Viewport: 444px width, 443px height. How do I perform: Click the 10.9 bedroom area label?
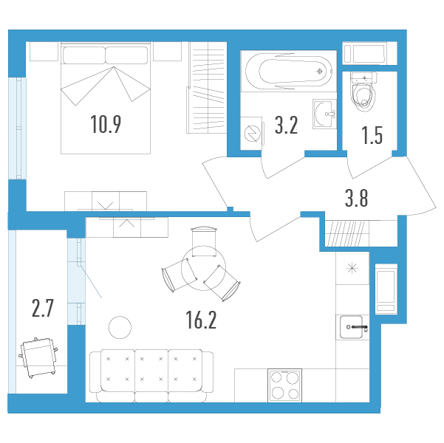(106, 124)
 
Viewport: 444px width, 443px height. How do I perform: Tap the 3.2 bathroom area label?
(287, 126)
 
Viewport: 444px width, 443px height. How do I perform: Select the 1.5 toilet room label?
(372, 135)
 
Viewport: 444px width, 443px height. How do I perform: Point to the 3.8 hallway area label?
(357, 198)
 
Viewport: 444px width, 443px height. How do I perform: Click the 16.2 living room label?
(201, 320)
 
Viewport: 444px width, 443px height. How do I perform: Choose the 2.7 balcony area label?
(43, 309)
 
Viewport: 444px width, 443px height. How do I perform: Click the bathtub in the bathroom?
(289, 71)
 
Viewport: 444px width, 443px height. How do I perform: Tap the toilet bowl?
(363, 91)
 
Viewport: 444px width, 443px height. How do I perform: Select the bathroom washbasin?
(324, 114)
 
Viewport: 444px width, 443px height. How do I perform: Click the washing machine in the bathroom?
(252, 134)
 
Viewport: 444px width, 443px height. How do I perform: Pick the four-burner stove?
(285, 385)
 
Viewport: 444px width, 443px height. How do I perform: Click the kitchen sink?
(352, 327)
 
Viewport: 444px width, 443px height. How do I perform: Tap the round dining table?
(203, 268)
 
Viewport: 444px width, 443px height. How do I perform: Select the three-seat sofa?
(151, 376)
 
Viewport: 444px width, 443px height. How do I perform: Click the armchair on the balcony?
(38, 357)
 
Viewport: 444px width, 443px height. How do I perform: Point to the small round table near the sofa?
(120, 327)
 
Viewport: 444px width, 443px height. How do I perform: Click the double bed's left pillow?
(84, 55)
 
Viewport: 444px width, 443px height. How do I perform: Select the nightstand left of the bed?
(44, 51)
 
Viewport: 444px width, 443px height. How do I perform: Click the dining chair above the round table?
(204, 241)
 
